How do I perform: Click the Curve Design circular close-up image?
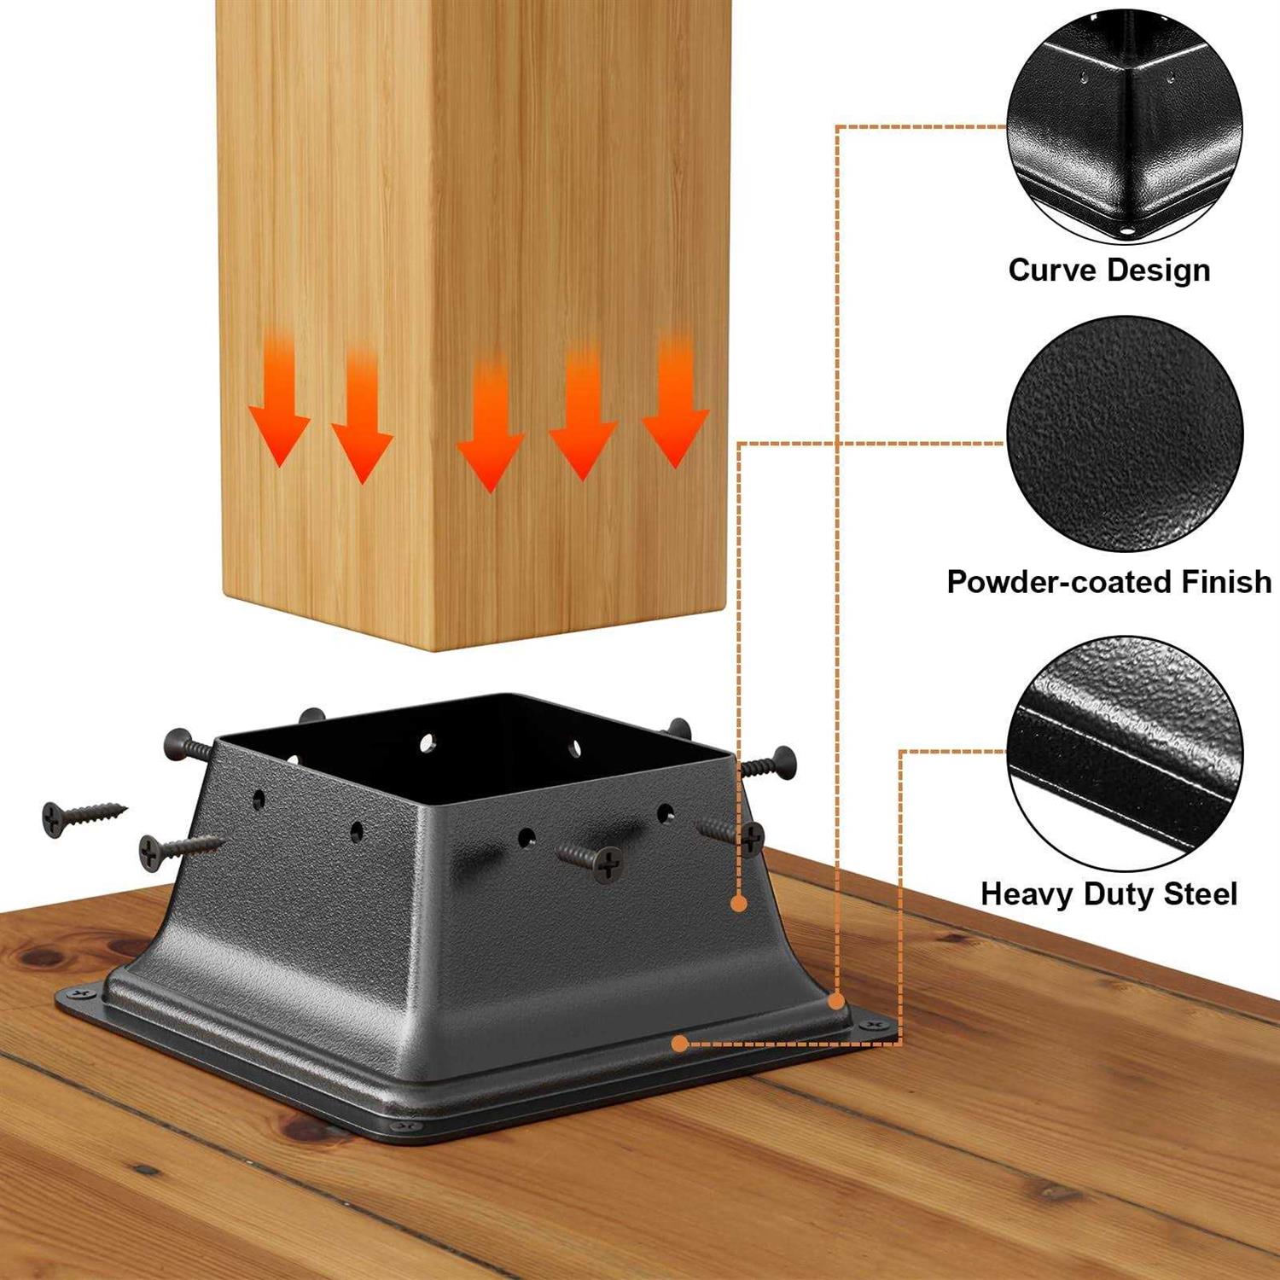1124,127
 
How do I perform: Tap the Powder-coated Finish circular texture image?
1124,434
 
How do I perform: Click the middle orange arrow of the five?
491,427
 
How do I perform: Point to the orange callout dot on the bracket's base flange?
679,1043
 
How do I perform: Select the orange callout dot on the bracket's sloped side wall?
739,903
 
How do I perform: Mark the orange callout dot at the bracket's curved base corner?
837,1000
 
